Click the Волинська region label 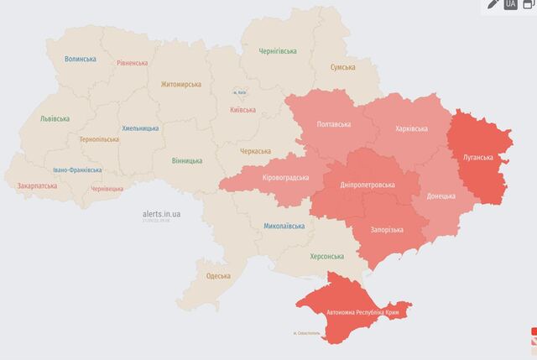(x=81, y=60)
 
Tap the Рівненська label (x=133, y=63)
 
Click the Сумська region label (x=341, y=67)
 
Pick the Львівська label (x=55, y=119)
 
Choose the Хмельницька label (x=140, y=128)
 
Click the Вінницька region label (x=185, y=159)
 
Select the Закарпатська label (x=37, y=185)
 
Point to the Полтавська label (x=334, y=124)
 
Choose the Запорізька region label (x=386, y=230)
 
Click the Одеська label (x=219, y=276)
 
